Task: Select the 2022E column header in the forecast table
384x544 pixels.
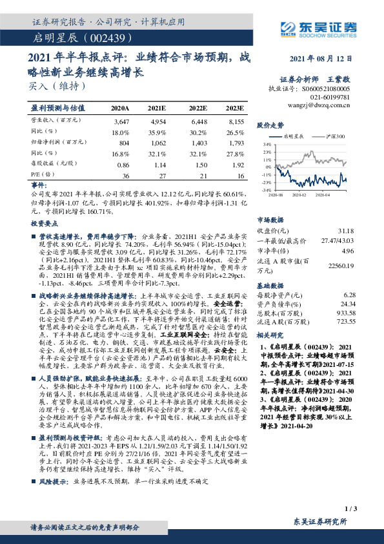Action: coord(197,108)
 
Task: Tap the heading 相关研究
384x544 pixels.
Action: coord(270,336)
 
